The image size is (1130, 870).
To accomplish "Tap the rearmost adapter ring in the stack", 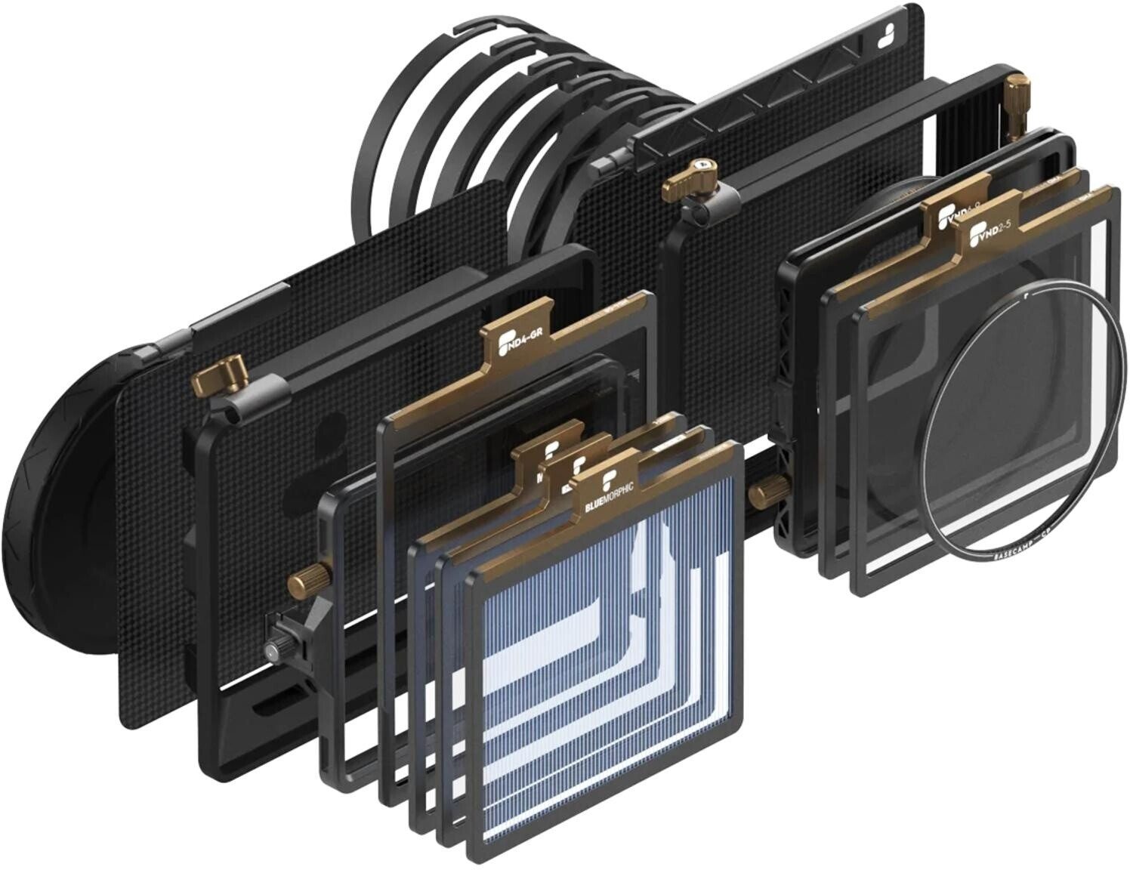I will pos(393,136).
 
